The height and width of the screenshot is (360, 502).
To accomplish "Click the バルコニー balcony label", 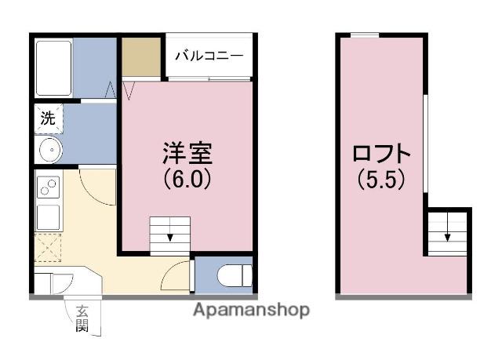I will [209, 56].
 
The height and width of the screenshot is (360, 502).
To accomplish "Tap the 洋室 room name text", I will [187, 153].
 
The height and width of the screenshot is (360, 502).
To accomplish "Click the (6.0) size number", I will [187, 180].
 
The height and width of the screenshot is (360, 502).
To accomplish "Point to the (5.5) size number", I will [381, 180].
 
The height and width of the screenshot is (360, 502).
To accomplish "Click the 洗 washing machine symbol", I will [48, 119].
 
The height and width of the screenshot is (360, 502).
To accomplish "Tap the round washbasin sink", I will [49, 151].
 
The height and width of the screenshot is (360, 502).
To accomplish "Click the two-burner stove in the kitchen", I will [49, 188].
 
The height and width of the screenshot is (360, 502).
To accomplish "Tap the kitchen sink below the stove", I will [49, 215].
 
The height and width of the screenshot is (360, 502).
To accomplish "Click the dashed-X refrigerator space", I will [49, 247].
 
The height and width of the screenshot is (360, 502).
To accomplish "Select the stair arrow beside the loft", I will [448, 232].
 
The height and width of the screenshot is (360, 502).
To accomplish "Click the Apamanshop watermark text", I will [252, 310].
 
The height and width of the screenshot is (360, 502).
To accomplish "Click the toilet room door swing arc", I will [177, 276].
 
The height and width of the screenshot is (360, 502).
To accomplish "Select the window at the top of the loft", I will [364, 35].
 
